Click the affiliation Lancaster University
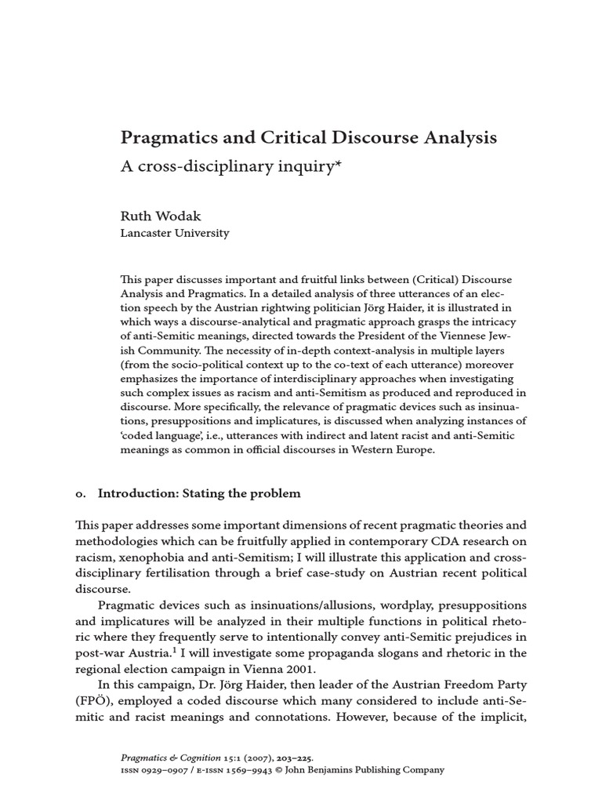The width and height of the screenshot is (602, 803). pos(174,233)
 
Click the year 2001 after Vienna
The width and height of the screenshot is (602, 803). pos(309,670)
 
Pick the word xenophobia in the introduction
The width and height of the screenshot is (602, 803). pos(158,557)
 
